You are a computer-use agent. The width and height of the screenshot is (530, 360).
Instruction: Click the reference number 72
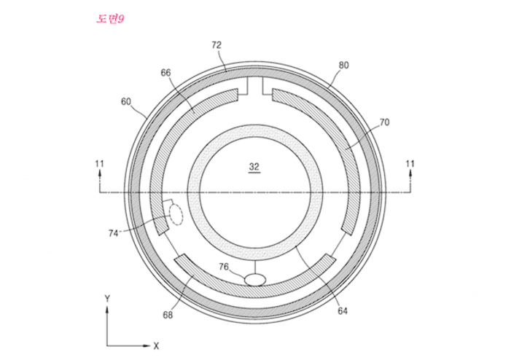pos(217,45)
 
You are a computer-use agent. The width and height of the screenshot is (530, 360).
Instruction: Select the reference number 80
pos(343,66)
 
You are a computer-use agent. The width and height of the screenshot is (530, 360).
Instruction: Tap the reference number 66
pos(165,73)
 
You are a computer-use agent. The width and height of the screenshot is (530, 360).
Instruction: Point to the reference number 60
pos(125,101)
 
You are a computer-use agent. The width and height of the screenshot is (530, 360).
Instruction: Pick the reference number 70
pos(384,122)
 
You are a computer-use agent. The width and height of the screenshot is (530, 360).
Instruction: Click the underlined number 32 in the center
pos(254,167)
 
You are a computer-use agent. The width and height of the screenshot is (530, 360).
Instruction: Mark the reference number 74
pos(113,233)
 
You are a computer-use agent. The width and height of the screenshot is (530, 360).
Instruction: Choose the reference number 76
pos(223,267)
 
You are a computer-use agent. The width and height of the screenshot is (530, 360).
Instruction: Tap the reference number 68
pos(168,315)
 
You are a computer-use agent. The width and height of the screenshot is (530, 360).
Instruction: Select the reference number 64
pos(343,311)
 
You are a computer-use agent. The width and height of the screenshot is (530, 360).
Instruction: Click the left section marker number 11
pos(99,164)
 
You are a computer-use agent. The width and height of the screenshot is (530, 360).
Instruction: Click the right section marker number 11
pos(410,164)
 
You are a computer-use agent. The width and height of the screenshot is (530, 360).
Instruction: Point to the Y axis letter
pos(107,299)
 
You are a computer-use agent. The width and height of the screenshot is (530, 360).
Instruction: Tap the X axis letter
pos(156,346)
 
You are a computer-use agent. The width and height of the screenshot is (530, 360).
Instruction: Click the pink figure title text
pos(110,19)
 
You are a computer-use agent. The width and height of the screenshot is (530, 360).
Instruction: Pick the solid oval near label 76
pos(255,280)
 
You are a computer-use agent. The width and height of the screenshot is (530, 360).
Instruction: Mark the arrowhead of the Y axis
pos(107,310)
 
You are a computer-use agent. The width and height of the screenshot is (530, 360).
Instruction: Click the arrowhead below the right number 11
pos(410,173)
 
